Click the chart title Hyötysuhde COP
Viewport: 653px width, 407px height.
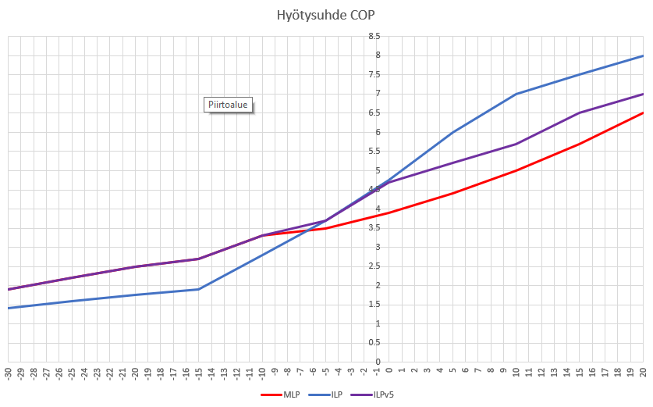tap(326, 15)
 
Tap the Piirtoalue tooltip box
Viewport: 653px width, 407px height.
tap(228, 105)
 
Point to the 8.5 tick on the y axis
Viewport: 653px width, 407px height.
tap(375, 36)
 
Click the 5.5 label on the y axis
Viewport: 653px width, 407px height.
tap(375, 151)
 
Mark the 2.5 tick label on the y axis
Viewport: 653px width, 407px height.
tap(375, 266)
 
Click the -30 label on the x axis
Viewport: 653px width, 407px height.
tap(9, 373)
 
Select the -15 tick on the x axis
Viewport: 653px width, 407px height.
tap(199, 373)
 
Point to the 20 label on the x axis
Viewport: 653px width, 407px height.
tap(643, 372)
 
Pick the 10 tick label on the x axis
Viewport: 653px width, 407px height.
tap(516, 372)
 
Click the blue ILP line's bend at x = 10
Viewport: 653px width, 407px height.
tap(516, 94)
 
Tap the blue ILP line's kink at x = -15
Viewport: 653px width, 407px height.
tap(199, 289)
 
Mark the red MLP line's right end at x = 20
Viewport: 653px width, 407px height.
tap(643, 112)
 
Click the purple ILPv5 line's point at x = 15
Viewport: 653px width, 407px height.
tap(580, 112)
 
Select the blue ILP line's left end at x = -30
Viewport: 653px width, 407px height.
tap(9, 308)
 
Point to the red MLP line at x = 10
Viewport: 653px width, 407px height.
tap(516, 170)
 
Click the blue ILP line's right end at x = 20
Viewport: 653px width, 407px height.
tap(643, 55)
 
